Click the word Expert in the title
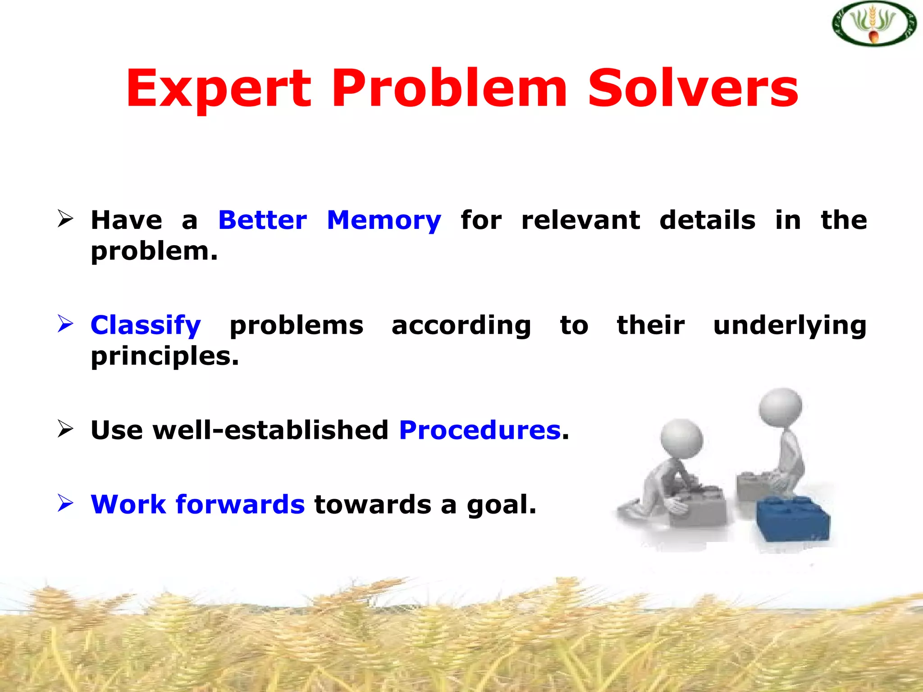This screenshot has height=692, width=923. (218, 89)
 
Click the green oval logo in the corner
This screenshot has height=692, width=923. (874, 24)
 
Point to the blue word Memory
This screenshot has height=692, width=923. (384, 221)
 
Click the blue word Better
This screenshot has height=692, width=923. (262, 220)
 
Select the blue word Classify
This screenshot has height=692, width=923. (146, 325)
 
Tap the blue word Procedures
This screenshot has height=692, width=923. (480, 430)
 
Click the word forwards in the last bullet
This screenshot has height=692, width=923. (240, 504)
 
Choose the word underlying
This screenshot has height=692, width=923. (790, 325)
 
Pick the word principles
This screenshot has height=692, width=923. (164, 356)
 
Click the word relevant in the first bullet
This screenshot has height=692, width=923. (580, 220)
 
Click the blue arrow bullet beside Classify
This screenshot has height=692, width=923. (65, 324)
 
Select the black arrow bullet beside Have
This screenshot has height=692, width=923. (65, 219)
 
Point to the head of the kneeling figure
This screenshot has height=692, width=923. (681, 439)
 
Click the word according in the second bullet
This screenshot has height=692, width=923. (461, 325)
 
